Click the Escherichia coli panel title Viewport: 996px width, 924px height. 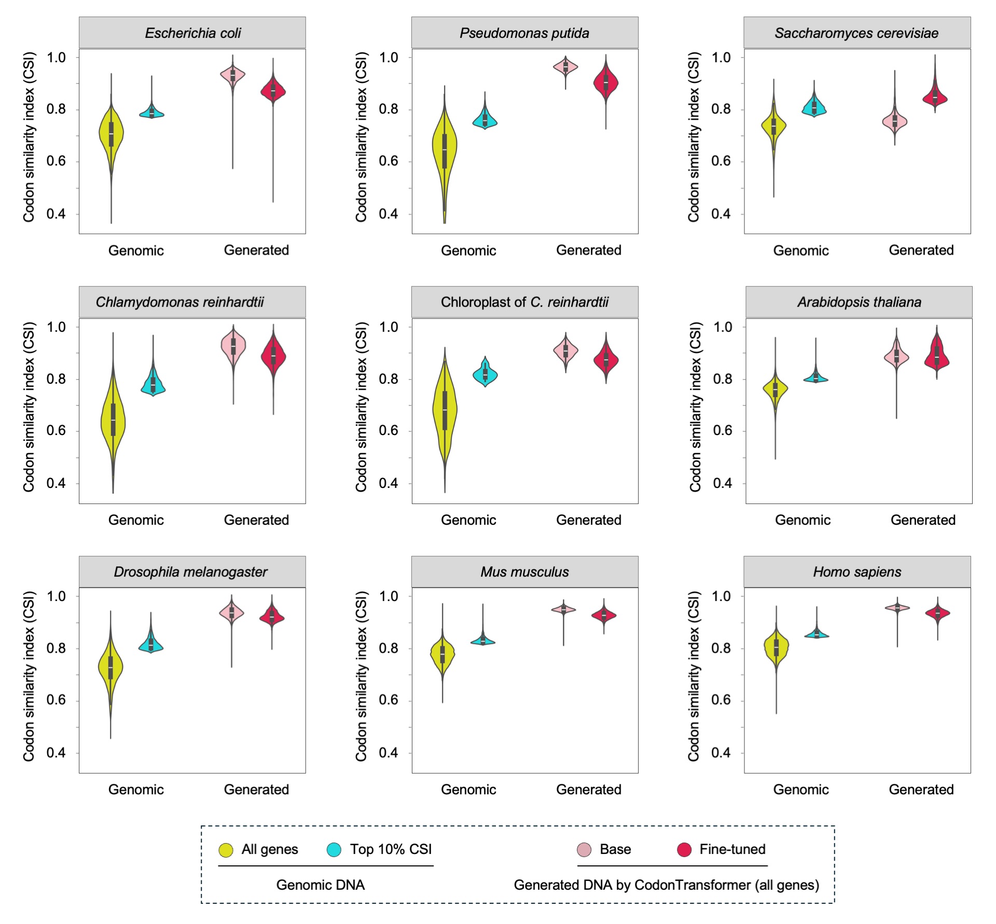point(192,33)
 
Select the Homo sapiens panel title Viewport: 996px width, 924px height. point(856,572)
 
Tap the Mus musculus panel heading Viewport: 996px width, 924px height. point(524,572)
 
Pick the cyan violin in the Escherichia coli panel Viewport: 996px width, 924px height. point(151,113)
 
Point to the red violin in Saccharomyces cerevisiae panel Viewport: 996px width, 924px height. point(935,97)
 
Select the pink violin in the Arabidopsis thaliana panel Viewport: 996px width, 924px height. point(896,356)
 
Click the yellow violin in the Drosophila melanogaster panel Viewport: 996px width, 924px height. point(110,666)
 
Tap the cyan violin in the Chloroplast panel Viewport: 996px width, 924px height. point(485,374)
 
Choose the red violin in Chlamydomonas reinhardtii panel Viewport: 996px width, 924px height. point(273,356)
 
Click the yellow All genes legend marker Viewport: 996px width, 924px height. point(226,850)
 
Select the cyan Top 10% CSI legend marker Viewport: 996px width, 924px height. point(334,850)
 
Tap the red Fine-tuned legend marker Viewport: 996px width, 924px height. point(684,850)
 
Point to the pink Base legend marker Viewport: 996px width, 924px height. point(584,850)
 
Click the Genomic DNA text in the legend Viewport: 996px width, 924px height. point(320,885)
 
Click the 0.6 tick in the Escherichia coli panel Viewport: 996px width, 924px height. point(56,161)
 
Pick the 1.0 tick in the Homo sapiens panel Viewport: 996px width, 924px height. point(721,596)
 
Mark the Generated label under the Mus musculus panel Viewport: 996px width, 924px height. point(589,789)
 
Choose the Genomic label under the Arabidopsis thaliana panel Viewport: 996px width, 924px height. point(803,520)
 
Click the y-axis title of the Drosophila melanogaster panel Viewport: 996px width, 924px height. point(29,676)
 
